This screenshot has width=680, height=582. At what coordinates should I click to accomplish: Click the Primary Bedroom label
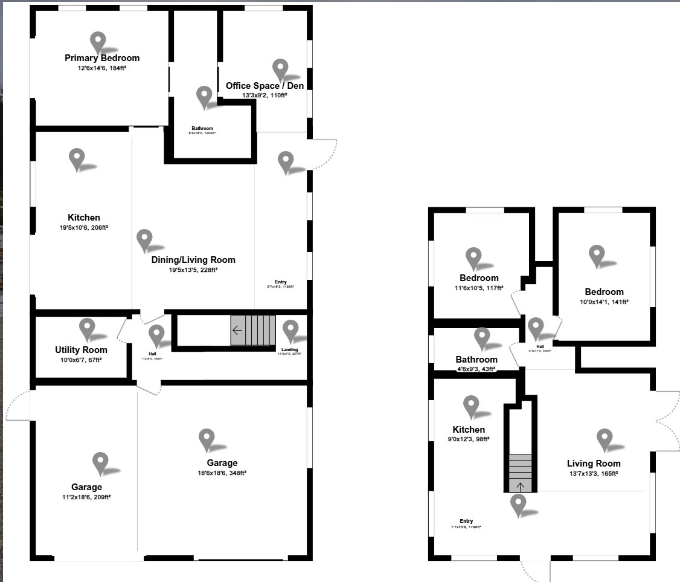102,58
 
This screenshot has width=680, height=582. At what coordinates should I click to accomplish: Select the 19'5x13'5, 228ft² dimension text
193,270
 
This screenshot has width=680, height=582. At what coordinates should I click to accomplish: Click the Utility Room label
81,350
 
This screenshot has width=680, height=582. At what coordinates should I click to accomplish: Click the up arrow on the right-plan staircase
521,484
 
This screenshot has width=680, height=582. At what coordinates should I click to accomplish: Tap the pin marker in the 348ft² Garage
207,439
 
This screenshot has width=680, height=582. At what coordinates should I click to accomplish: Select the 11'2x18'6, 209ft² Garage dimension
86,497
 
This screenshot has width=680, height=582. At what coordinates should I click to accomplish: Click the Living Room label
595,464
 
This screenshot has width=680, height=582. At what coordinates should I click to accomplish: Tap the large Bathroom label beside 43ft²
476,360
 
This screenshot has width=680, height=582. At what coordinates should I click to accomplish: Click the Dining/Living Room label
193,260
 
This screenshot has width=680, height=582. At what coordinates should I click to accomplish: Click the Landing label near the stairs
290,349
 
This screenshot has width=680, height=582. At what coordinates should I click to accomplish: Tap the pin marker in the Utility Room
88,328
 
